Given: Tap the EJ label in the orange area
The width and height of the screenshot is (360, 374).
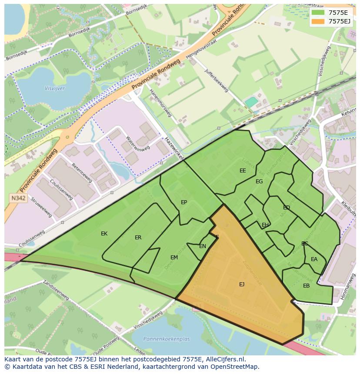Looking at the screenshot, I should pos(242,285).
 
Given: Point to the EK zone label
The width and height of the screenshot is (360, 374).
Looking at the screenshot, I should pos(104,234).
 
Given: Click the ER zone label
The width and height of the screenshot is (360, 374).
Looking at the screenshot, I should pos(138,238).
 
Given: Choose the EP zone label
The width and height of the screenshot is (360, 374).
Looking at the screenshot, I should pos(184,202).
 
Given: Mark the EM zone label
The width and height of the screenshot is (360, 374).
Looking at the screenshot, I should pos(174,258).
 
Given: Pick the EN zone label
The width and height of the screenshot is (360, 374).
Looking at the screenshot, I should pos(203,246).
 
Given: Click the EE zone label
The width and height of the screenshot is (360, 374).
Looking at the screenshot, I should pos(243,171).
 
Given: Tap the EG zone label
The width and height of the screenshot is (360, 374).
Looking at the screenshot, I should pos(259,182).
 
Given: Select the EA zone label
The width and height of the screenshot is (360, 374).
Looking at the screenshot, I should pos(314,259).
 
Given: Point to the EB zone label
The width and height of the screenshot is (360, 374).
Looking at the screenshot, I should pos(307,286).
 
